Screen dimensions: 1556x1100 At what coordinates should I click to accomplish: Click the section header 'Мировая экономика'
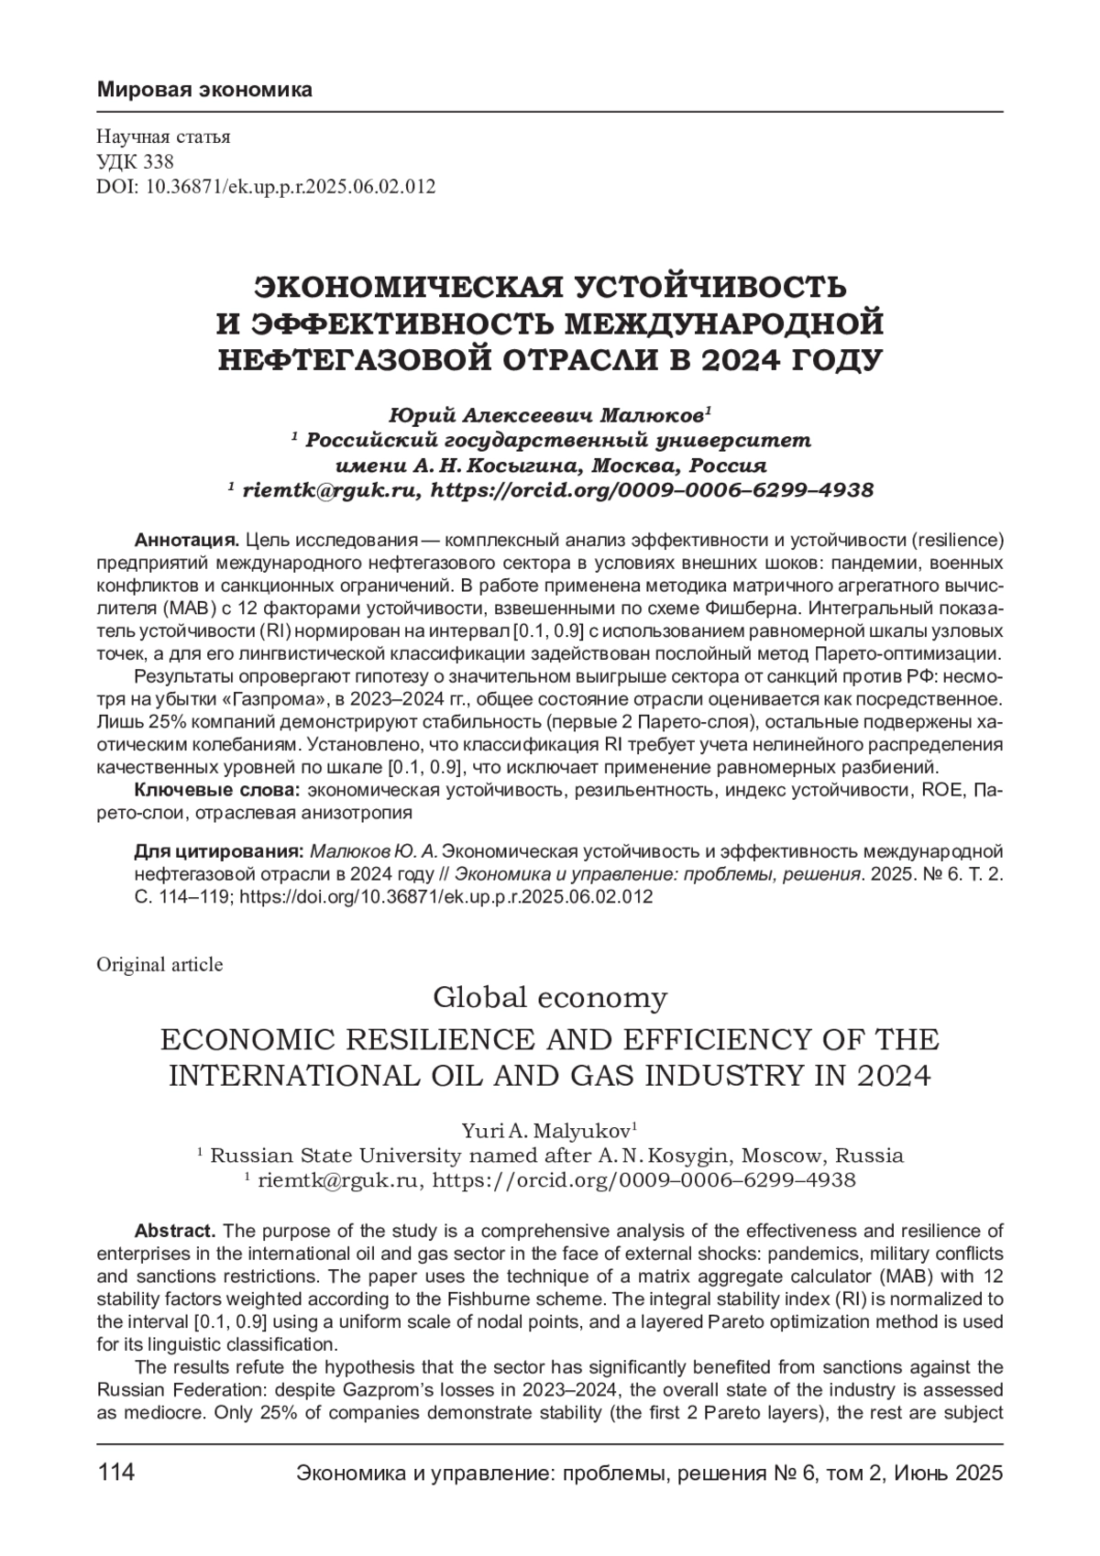pos(204,90)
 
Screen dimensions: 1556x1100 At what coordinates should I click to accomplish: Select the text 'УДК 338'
pos(129,162)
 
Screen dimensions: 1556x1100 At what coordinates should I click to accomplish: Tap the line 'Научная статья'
pos(163,137)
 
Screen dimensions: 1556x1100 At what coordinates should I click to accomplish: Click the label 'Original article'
pos(159,964)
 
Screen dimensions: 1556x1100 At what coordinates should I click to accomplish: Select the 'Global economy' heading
pos(549,997)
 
